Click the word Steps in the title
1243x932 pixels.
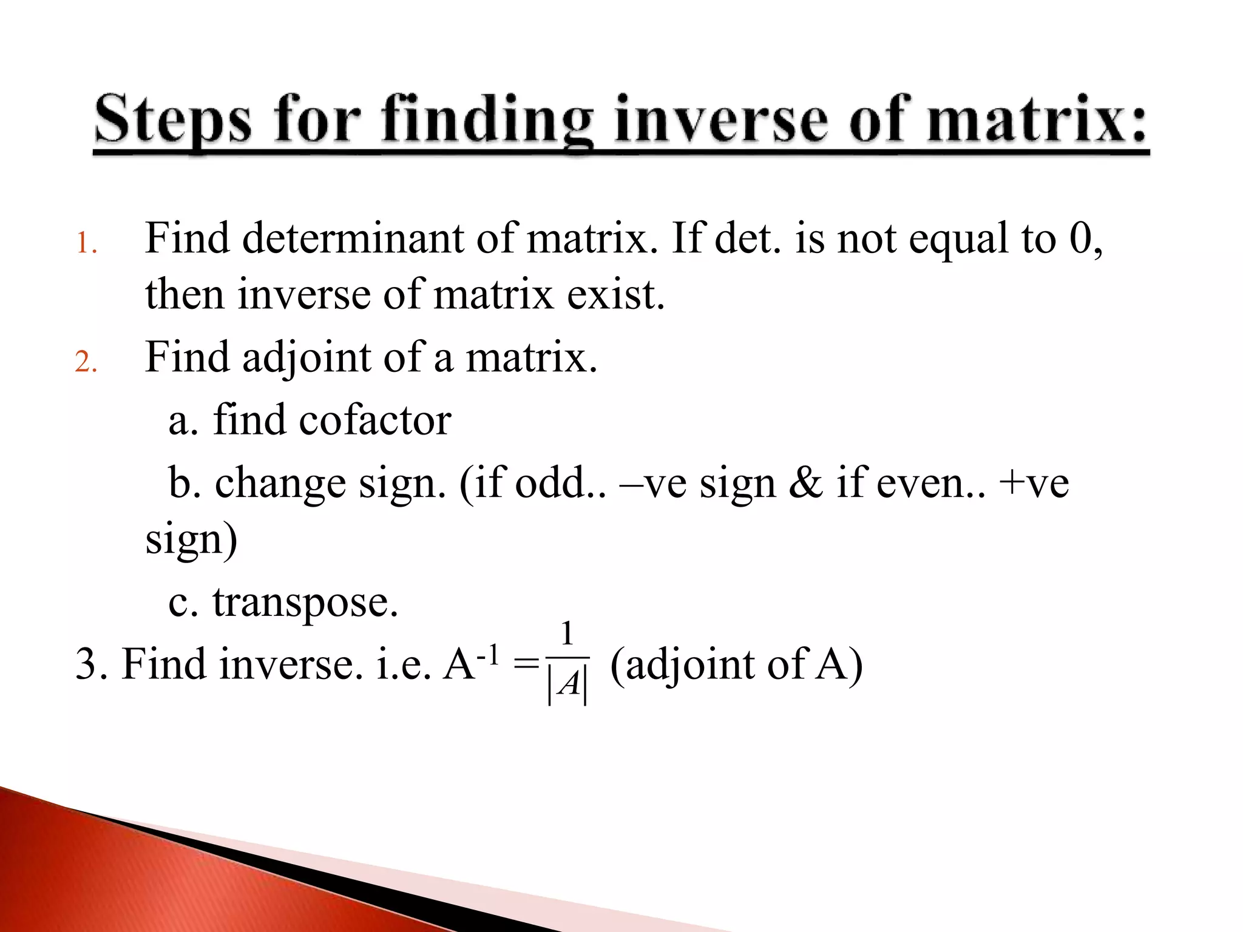point(172,120)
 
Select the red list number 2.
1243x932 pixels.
point(86,362)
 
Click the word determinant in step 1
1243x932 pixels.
point(353,238)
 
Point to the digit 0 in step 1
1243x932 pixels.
point(1081,238)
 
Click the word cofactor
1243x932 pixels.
point(374,420)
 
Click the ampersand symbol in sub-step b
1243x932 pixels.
point(805,484)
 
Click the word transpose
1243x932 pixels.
point(305,603)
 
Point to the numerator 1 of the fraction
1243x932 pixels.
point(567,634)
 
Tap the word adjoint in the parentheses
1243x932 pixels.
point(690,665)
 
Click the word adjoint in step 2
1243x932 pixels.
point(307,357)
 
